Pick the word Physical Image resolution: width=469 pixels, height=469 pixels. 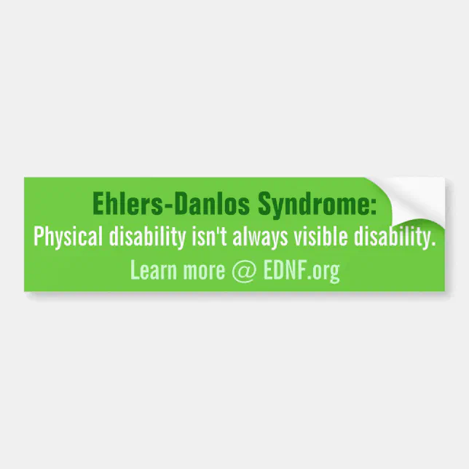[x=68, y=237]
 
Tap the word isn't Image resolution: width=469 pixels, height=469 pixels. [x=208, y=237]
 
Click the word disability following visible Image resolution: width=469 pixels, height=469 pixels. [x=394, y=237]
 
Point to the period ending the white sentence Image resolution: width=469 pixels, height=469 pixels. [x=433, y=243]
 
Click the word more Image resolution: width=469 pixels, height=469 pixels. [x=203, y=272]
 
